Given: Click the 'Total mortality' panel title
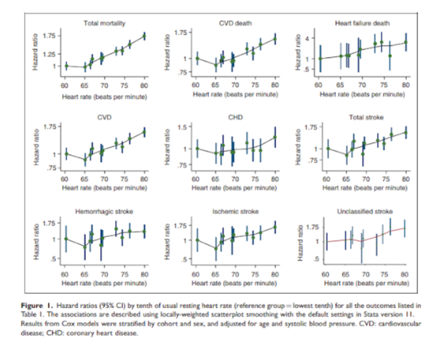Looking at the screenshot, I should (x=105, y=23).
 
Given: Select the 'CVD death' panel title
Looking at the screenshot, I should (x=235, y=23).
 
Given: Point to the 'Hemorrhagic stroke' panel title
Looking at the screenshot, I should (x=104, y=211).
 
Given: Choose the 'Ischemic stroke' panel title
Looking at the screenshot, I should (x=235, y=211).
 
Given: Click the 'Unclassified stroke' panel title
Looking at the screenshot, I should (x=365, y=211).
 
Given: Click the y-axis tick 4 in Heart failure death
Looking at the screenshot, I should (x=312, y=38).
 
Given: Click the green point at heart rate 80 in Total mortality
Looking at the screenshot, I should (x=144, y=36).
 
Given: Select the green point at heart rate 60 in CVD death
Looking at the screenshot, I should (x=196, y=59).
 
